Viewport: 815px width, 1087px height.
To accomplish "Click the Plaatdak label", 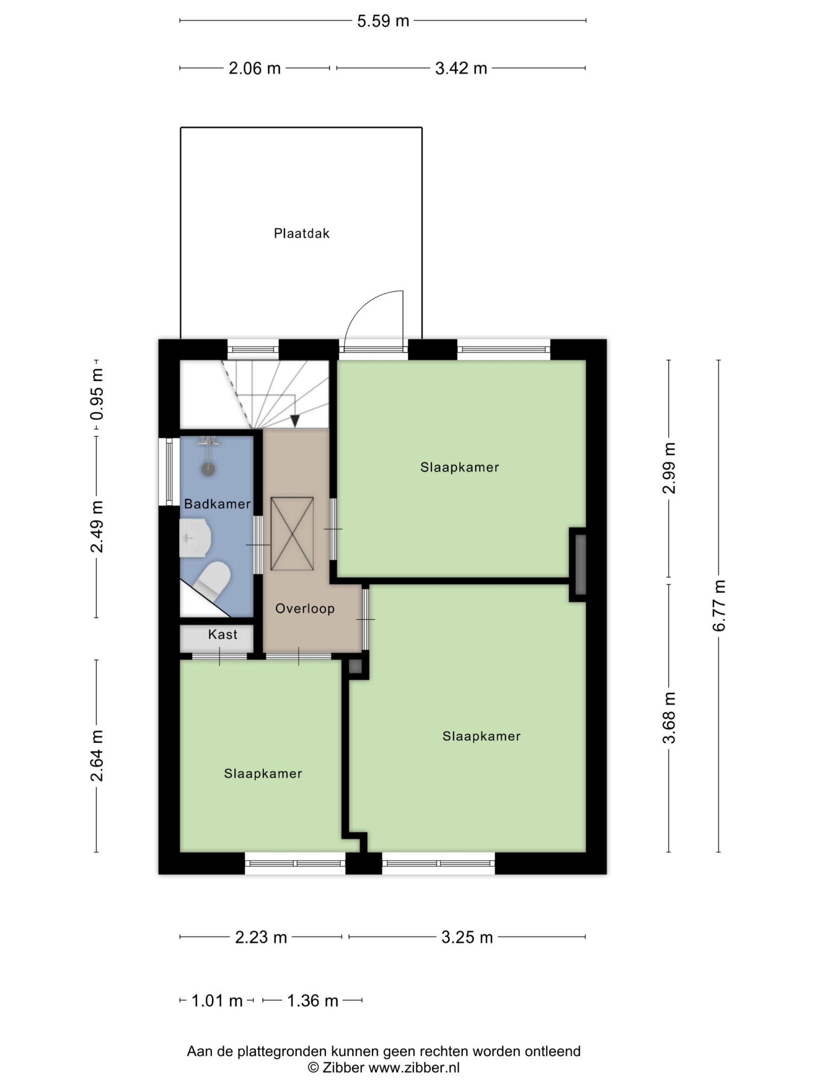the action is click(x=302, y=233).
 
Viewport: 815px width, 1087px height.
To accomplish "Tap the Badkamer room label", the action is click(x=217, y=503).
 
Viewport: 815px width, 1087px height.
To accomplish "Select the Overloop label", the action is click(x=305, y=608).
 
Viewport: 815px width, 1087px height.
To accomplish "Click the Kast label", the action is click(x=223, y=634).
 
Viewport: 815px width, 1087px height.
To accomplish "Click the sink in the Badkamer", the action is click(x=195, y=538).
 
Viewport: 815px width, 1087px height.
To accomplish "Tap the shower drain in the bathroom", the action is click(x=208, y=469).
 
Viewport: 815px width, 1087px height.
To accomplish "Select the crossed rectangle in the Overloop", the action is click(x=292, y=534).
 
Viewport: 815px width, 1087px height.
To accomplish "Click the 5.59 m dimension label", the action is click(x=383, y=21).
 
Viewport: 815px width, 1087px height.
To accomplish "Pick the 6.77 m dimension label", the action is click(x=719, y=605).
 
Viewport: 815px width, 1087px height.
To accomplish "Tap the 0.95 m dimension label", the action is click(x=96, y=394).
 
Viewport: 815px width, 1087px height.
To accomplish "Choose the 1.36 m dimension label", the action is click(x=313, y=1000).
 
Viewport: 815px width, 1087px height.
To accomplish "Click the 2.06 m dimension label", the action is click(x=255, y=68).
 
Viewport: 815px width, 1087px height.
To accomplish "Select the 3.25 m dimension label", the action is click(x=467, y=937).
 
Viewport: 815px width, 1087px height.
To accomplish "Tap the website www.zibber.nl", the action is click(x=414, y=1068).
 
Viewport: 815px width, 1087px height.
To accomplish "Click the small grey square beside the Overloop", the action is click(x=355, y=666).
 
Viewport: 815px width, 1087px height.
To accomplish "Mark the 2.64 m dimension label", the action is click(x=96, y=755).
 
